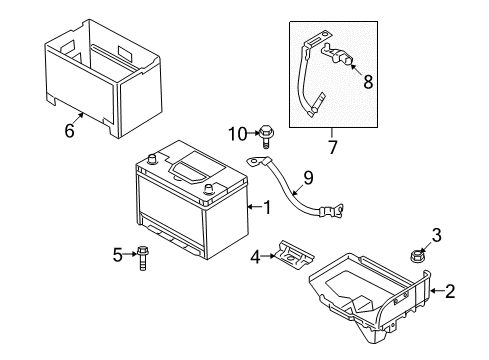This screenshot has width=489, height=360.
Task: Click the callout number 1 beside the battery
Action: click(x=267, y=207)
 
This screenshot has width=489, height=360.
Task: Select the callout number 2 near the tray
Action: click(x=450, y=291)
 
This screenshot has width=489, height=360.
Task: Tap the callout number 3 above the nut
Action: click(x=437, y=235)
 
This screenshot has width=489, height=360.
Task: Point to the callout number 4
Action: click(x=255, y=257)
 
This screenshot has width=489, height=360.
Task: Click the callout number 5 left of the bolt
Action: click(x=118, y=255)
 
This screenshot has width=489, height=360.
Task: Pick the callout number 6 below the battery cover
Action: click(x=69, y=130)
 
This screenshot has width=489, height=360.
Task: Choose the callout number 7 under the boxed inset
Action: click(x=332, y=147)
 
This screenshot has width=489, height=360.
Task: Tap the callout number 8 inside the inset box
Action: click(x=368, y=82)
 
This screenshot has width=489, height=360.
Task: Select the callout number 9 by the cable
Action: click(x=308, y=178)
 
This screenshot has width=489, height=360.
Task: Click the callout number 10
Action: click(x=238, y=134)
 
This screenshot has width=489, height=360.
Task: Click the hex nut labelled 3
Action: click(x=415, y=256)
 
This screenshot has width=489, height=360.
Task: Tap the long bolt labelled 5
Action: click(x=142, y=259)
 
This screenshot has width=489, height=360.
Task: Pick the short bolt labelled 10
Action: click(x=265, y=136)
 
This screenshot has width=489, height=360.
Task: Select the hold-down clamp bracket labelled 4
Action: click(x=294, y=255)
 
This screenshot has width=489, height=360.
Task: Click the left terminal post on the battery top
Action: click(x=152, y=159)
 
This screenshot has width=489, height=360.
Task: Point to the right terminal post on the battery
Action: click(x=208, y=189)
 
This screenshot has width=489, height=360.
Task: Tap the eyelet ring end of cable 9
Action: click(x=255, y=162)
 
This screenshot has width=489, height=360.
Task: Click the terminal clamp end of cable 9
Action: click(x=332, y=211)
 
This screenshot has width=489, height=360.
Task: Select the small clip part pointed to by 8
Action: click(x=336, y=55)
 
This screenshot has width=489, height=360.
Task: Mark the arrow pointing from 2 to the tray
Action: click(x=437, y=291)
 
